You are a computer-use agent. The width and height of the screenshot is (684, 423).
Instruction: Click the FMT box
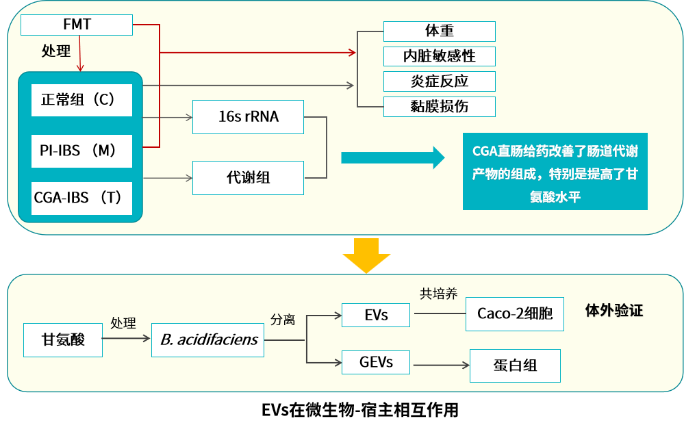pos(76,25)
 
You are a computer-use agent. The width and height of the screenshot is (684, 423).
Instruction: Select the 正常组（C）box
pos(81,100)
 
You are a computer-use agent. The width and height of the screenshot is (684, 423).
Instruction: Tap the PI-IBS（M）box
pos(81,151)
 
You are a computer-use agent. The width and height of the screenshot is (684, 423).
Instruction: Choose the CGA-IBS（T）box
pos(81,198)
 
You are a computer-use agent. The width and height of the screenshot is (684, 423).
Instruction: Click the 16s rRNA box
pos(248,116)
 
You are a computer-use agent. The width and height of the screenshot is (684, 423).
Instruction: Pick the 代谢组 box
pos(248,177)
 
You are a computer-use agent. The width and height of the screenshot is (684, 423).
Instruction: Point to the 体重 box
pos(439,31)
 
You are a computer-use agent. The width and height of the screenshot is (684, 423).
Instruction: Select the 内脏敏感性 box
pos(439,56)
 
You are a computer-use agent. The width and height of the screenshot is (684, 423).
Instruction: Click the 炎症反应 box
pos(439,81)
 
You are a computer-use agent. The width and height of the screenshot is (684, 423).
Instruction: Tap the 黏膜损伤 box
pos(439,106)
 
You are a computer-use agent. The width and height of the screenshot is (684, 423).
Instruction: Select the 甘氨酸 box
pos(63,339)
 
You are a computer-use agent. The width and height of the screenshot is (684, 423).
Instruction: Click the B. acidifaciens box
pos(208,339)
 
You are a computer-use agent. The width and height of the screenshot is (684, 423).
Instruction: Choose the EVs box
pos(375,315)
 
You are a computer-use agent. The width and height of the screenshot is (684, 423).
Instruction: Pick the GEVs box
pos(376,362)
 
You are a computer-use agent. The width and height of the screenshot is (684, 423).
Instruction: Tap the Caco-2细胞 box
pos(515,313)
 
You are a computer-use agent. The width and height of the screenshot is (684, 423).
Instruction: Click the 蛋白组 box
pos(515,366)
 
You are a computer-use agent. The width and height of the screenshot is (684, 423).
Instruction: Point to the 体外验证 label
pos(614,311)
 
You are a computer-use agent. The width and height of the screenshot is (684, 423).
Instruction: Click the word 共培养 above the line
pos(438,294)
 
